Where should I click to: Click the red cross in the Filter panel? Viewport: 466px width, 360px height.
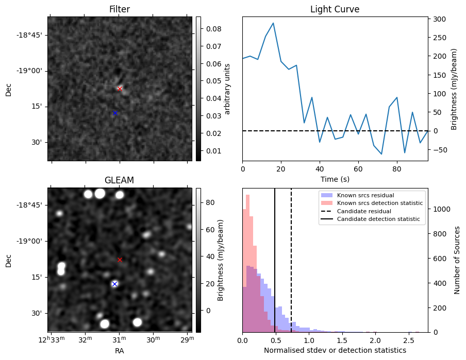pos(120,89)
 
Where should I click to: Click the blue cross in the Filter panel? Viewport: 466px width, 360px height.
pos(115,113)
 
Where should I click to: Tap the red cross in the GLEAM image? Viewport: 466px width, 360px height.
pos(120,260)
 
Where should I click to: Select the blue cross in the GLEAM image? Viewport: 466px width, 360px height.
pos(114,284)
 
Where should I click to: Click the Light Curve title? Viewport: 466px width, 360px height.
pos(335,9)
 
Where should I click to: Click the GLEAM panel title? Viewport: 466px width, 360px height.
pos(119,180)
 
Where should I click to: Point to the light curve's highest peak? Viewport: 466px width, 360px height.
pos(273,23)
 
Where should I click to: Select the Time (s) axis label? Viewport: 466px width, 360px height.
pos(335,179)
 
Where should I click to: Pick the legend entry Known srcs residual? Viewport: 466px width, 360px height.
pos(365,195)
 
